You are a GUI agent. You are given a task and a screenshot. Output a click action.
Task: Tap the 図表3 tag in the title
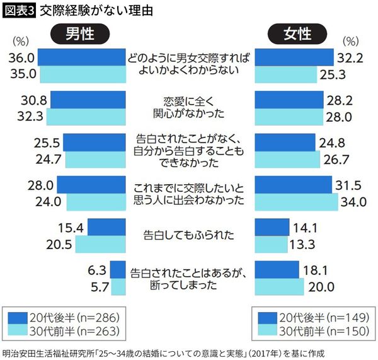(x=19, y=11)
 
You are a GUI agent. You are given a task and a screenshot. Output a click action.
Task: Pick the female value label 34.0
(x=353, y=202)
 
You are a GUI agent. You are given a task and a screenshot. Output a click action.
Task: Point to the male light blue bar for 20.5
(x=98, y=243)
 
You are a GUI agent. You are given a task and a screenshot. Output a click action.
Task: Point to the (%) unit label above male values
(x=22, y=42)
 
